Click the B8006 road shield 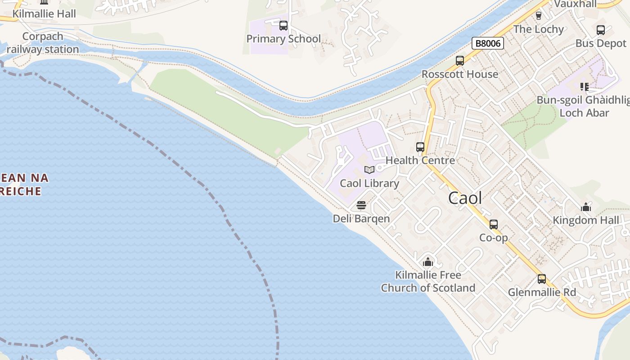tap(488, 43)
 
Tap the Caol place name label tap(465, 198)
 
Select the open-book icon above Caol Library tap(369, 170)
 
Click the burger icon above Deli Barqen tap(361, 206)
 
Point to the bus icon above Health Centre tap(420, 147)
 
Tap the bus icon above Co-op tap(494, 224)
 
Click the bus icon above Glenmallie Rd tap(542, 279)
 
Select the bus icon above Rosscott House tap(460, 60)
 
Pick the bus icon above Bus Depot tap(601, 30)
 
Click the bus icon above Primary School tap(283, 25)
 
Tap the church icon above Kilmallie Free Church tap(428, 261)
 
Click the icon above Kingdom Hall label tap(586, 207)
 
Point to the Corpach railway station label tap(43, 43)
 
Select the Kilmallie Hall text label tap(44, 14)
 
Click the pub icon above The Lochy tap(539, 16)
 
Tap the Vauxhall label tap(576, 4)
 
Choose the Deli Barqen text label tap(361, 219)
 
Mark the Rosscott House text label tap(460, 74)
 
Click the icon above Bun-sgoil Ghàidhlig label tap(584, 86)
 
